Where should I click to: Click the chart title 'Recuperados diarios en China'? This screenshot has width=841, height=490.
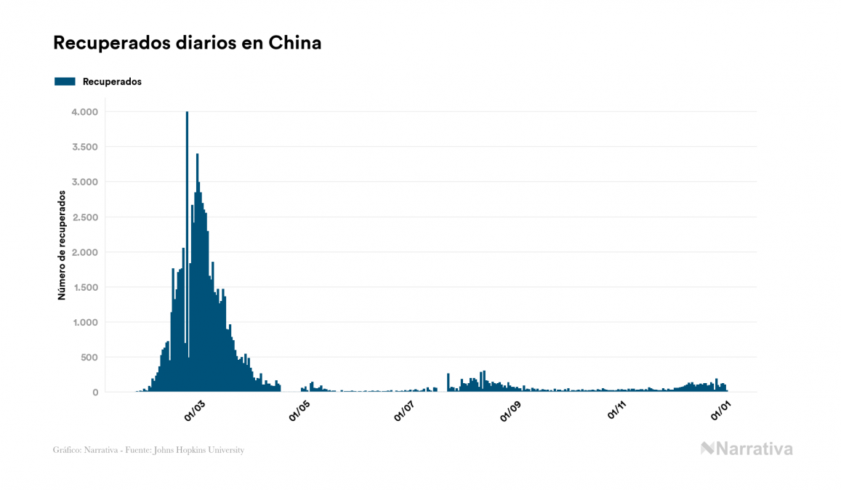[187, 43]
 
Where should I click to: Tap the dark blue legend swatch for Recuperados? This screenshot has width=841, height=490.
[65, 81]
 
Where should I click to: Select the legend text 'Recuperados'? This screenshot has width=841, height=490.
[112, 81]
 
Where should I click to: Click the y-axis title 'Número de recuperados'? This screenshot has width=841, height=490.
[62, 246]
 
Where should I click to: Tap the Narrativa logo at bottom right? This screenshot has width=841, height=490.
[747, 449]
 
